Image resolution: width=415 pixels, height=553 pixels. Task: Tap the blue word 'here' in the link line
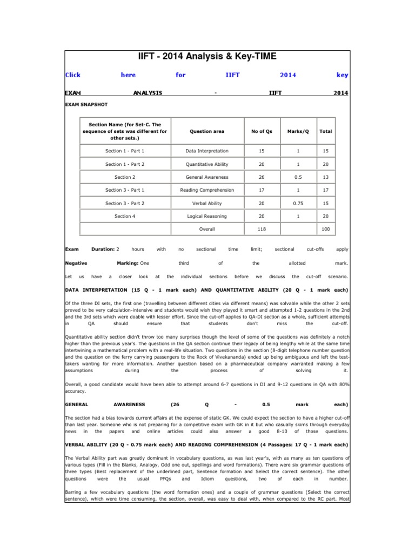(x=128, y=75)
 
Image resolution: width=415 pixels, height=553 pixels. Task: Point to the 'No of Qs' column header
(x=262, y=131)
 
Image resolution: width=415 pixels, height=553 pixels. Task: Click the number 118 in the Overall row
(x=262, y=229)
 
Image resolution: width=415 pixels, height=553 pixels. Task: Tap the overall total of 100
(x=326, y=229)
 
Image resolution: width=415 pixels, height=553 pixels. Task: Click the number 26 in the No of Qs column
(x=262, y=177)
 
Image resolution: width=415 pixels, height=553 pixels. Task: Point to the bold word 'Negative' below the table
(x=76, y=263)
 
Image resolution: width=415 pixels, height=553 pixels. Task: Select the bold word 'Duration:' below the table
(x=102, y=249)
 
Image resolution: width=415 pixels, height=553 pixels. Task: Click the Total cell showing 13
(x=326, y=177)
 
